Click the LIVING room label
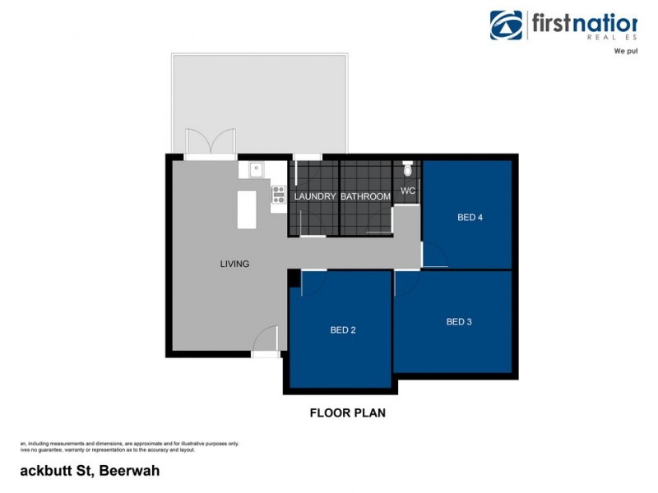tap(234, 264)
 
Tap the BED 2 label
tap(343, 330)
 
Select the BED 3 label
tap(459, 322)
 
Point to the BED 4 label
tap(470, 218)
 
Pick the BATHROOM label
tap(365, 196)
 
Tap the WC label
tap(408, 191)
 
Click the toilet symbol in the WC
tap(408, 169)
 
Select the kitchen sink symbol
tap(256, 170)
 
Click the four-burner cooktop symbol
tap(278, 195)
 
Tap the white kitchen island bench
tap(247, 210)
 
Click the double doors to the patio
tap(210, 144)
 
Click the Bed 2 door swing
tap(315, 283)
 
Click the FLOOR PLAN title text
tap(347, 413)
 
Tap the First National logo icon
tap(507, 25)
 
